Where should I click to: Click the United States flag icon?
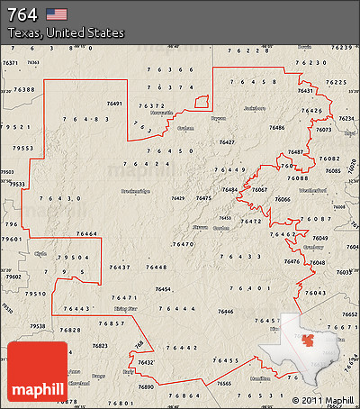point(57,14)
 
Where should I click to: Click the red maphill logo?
point(37,371)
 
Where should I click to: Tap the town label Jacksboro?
point(255,108)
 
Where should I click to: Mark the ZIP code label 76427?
point(226,142)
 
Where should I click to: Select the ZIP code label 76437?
point(119,268)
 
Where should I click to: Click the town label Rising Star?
point(125,308)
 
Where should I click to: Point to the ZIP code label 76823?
point(99,346)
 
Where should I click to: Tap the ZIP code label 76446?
point(225,311)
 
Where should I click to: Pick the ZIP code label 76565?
point(225,383)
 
